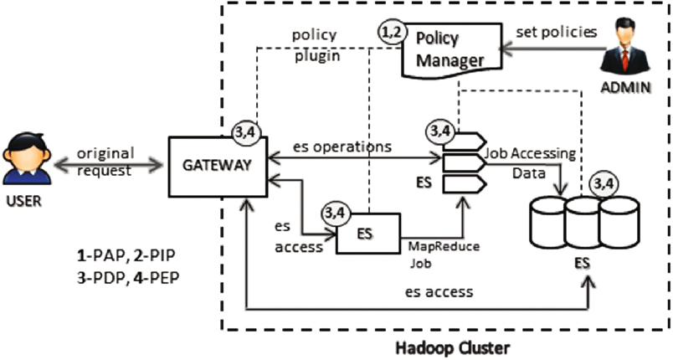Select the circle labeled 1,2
click(390, 33)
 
